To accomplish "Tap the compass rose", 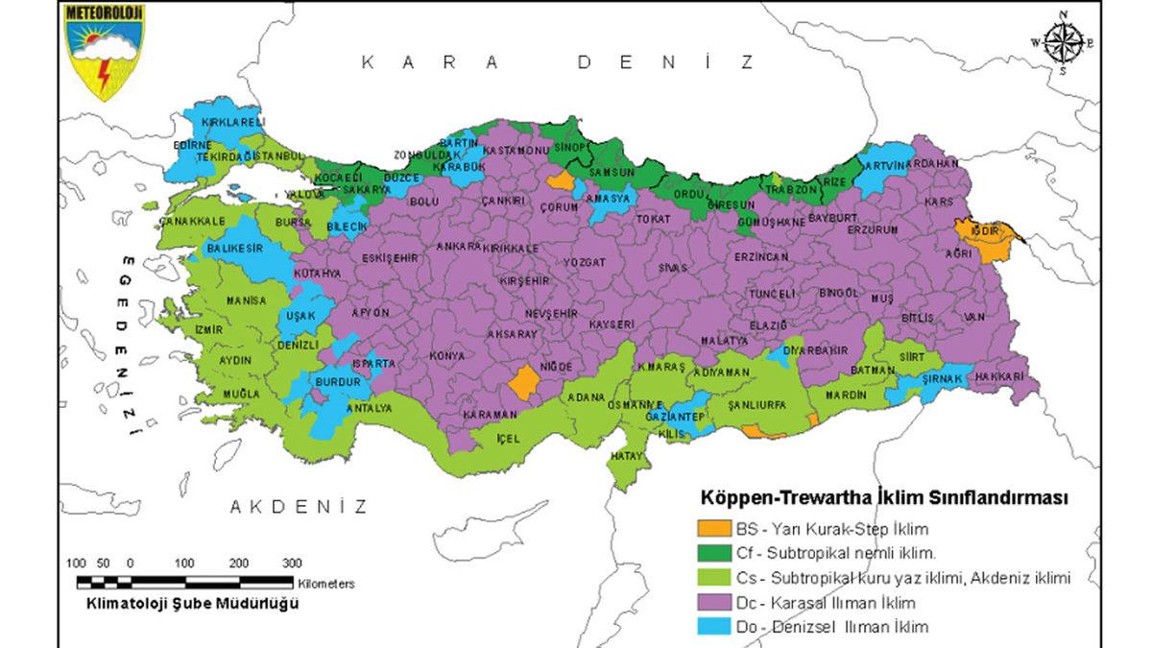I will (1063, 41).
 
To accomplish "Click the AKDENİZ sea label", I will (299, 507).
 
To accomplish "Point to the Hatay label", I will (626, 455).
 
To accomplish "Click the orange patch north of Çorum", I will (560, 180).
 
